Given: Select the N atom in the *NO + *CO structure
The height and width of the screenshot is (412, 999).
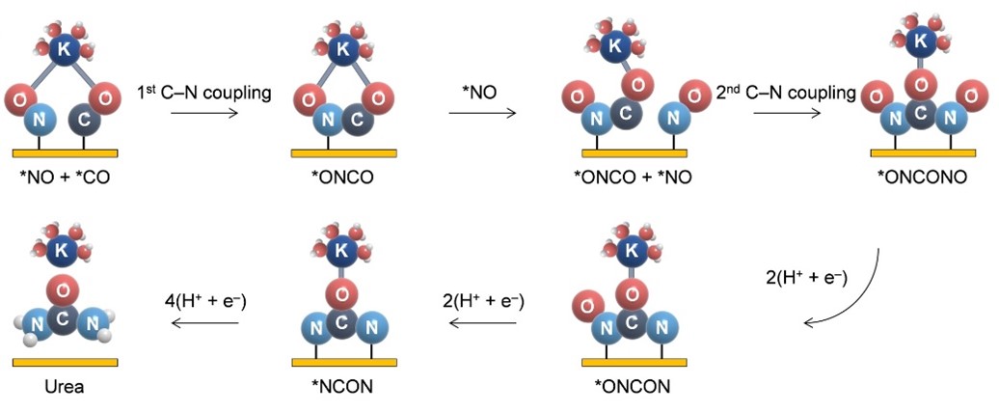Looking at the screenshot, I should [x=40, y=122].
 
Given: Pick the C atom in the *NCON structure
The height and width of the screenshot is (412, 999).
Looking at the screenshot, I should [x=342, y=322].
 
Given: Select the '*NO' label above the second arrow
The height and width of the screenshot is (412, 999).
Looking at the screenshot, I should [x=480, y=94].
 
